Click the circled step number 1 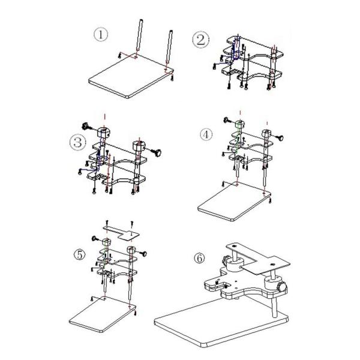click(101, 35)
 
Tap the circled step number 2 click(200, 40)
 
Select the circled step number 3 click(77, 142)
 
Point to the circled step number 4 click(206, 134)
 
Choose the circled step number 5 click(79, 254)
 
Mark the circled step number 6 click(199, 258)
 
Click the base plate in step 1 click(131, 77)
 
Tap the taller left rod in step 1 click(139, 35)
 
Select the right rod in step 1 click(169, 47)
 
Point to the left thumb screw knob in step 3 click(86, 126)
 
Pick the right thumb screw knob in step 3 click(157, 152)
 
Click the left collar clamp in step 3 click(103, 133)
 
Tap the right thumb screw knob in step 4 click(280, 138)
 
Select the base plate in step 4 click(235, 202)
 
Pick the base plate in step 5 click(103, 314)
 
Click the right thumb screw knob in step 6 click(282, 287)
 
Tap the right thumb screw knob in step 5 click(143, 254)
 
